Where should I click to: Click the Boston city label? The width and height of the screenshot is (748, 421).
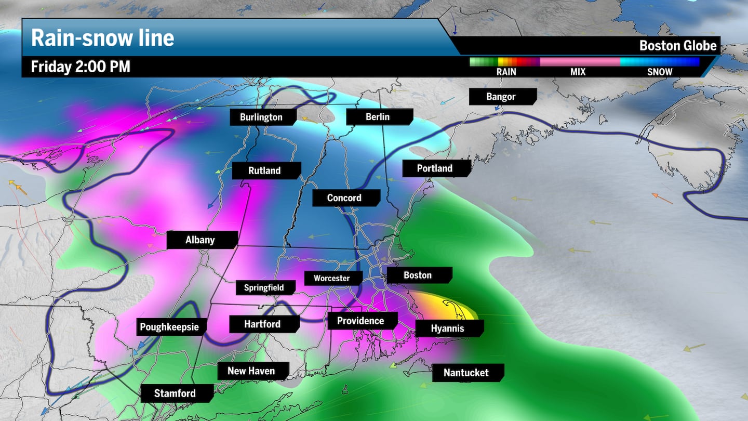click(418, 275)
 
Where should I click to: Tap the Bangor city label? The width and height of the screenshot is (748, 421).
click(501, 97)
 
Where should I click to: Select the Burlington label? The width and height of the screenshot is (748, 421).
click(261, 117)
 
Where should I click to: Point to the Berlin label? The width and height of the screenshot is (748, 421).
click(378, 116)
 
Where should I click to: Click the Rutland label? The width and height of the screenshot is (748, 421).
click(264, 170)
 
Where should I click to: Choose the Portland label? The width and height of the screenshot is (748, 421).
click(435, 168)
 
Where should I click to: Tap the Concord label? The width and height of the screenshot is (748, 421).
click(344, 198)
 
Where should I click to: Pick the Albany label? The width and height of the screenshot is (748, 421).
click(200, 240)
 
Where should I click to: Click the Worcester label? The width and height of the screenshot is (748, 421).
click(332, 278)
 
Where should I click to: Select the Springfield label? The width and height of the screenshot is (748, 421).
click(264, 287)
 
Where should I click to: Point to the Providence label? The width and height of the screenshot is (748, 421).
click(360, 321)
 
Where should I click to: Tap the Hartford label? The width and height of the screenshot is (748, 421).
click(262, 324)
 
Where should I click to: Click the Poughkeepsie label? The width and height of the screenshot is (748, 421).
click(171, 327)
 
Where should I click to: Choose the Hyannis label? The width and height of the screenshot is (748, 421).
click(448, 328)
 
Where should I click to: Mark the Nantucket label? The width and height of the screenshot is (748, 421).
click(466, 373)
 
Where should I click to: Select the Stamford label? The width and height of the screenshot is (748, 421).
click(175, 393)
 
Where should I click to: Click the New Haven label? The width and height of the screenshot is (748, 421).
click(251, 371)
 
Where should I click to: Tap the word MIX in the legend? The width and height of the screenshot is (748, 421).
click(578, 72)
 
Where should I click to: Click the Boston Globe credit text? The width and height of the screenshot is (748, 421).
click(678, 46)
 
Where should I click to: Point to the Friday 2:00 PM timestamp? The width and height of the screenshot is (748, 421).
click(81, 67)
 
